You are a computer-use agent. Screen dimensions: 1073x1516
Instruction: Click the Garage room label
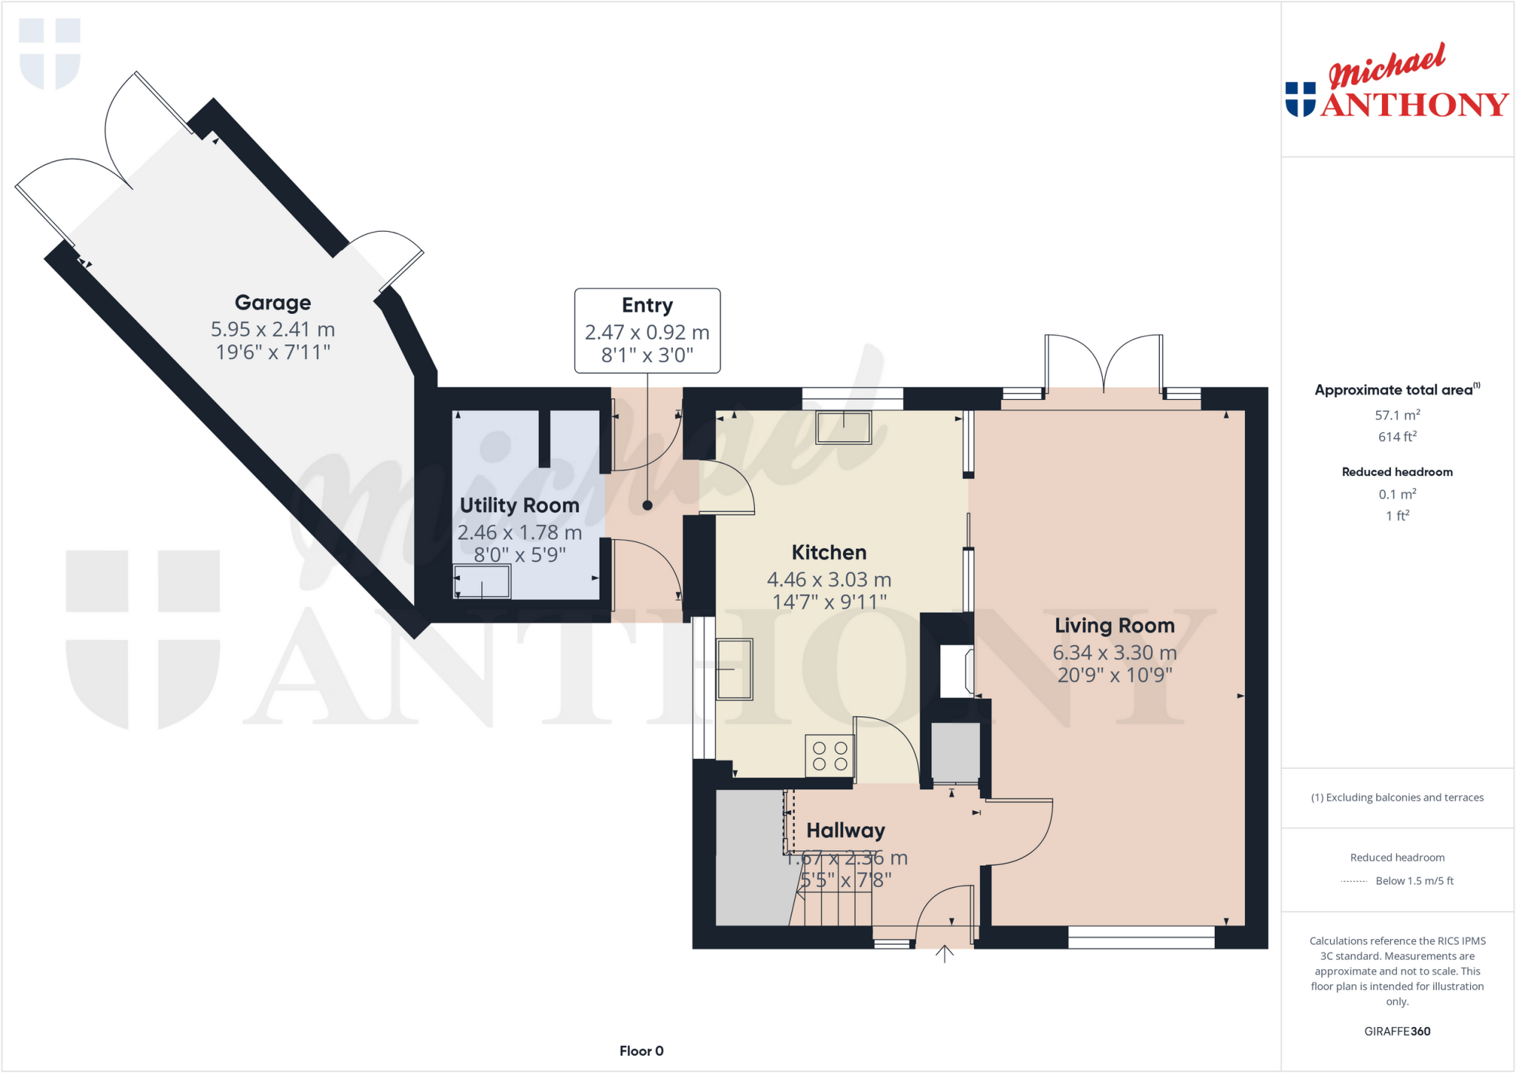click(x=272, y=303)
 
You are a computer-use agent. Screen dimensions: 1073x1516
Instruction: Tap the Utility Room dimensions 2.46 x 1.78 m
click(x=519, y=532)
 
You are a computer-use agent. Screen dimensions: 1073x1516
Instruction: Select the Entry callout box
click(x=647, y=330)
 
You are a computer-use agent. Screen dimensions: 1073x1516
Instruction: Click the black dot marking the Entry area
click(x=647, y=506)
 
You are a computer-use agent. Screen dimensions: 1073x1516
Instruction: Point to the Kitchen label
click(x=828, y=552)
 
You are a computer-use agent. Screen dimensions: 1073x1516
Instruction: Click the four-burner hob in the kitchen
click(x=829, y=755)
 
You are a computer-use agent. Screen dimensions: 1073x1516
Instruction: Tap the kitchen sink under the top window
click(x=843, y=427)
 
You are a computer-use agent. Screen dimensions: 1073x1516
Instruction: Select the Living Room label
click(x=1114, y=626)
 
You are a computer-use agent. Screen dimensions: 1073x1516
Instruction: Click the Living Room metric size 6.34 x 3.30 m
click(x=1114, y=652)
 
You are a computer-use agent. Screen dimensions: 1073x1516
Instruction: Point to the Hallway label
click(x=845, y=831)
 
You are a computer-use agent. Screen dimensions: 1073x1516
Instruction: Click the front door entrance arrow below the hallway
click(x=944, y=954)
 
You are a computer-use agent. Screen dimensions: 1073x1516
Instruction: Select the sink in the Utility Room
click(x=482, y=581)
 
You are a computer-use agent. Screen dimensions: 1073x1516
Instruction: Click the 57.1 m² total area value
click(x=1397, y=415)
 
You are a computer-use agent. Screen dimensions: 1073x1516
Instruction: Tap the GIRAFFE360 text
click(x=1397, y=1032)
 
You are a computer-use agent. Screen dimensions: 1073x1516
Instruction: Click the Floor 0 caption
click(x=641, y=1051)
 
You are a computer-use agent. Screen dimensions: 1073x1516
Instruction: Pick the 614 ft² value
click(x=1397, y=437)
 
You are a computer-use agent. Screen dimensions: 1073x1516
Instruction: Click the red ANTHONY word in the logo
click(x=1414, y=105)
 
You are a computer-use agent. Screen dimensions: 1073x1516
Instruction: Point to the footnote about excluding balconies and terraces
click(x=1397, y=798)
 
